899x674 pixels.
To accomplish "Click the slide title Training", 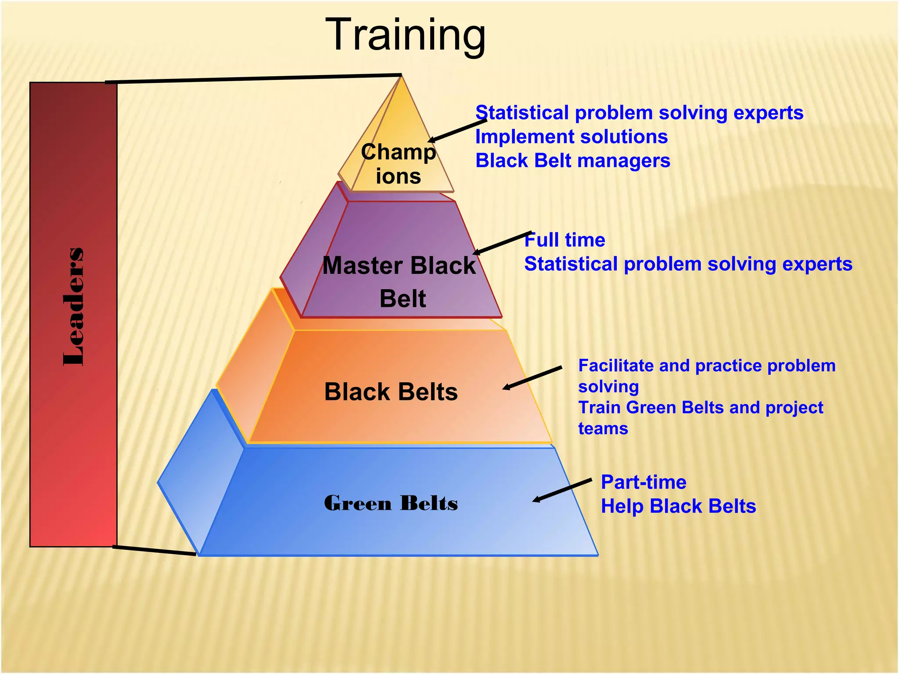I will tap(406, 35).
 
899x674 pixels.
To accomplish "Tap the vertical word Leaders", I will tap(74, 307).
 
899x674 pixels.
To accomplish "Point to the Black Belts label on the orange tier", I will tap(391, 391).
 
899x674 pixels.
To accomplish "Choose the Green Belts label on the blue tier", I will tap(391, 503).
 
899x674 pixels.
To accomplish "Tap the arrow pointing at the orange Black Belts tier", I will tap(532, 378).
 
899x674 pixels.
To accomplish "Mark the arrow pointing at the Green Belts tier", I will tap(562, 491).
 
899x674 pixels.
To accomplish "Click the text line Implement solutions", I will tap(572, 137).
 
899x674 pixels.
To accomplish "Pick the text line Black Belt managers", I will tap(573, 161).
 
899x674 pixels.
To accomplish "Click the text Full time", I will tap(565, 240).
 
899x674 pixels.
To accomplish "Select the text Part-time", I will tap(644, 482).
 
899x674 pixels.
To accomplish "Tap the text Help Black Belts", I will tap(678, 506).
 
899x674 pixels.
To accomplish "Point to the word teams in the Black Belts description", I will tap(603, 429).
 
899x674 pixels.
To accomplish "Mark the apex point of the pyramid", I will tap(401, 77).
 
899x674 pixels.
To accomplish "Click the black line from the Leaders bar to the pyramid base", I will tap(154, 551).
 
